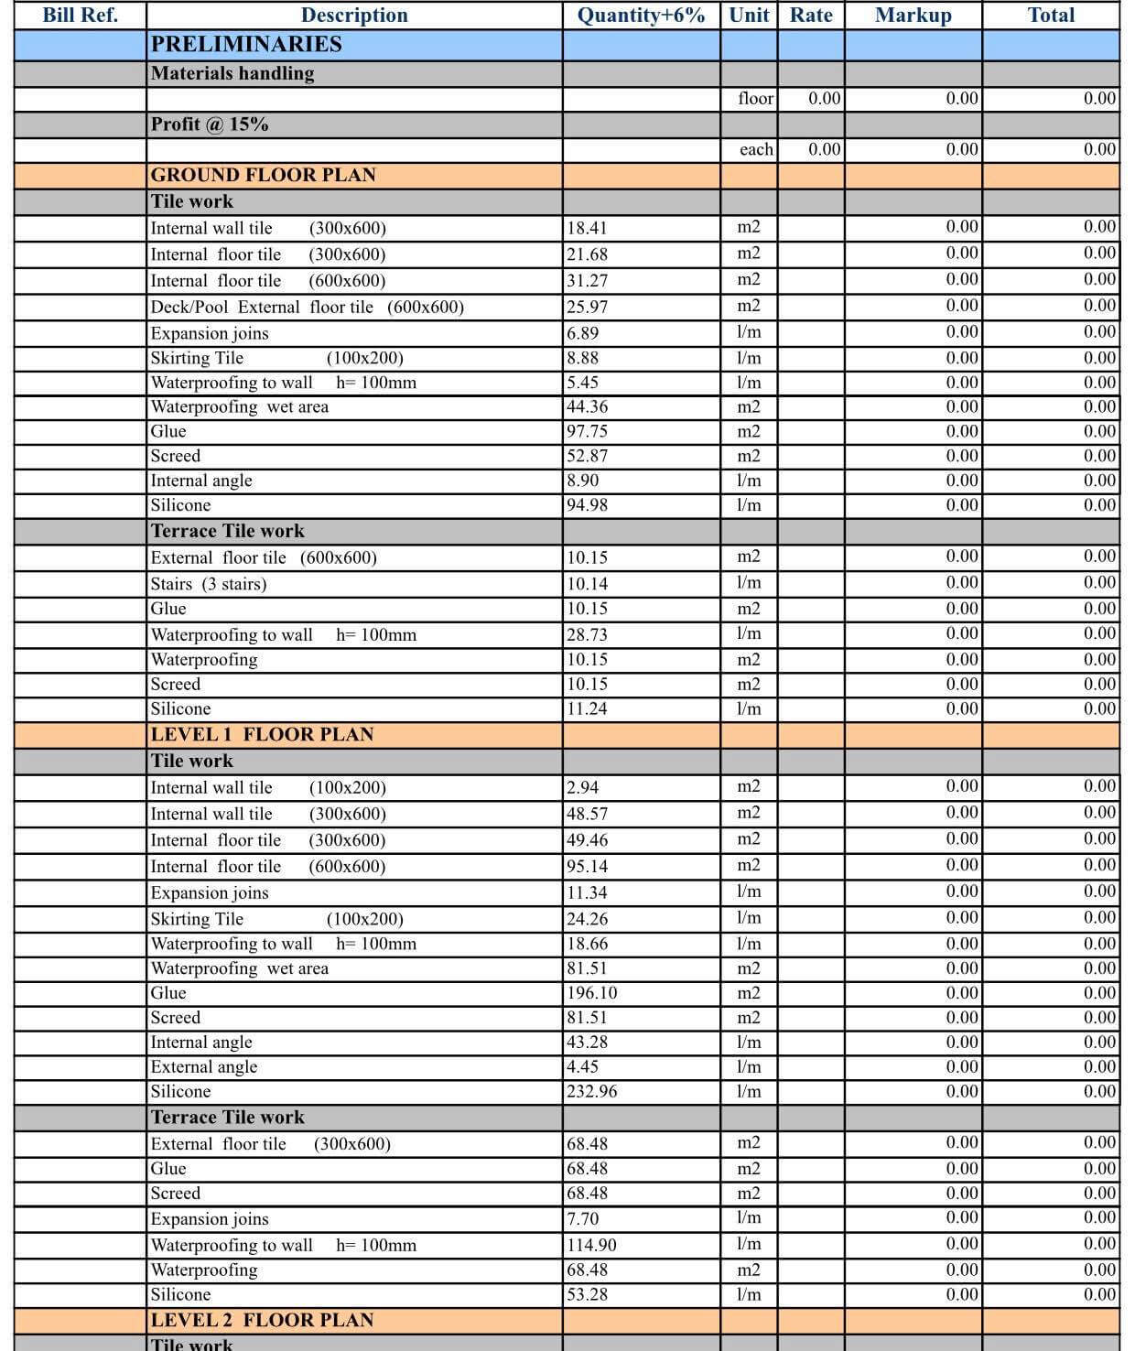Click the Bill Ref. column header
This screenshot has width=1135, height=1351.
click(81, 16)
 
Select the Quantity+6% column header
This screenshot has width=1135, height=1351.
click(641, 16)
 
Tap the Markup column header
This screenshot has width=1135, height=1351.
click(913, 16)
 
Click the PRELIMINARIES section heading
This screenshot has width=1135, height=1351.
click(246, 44)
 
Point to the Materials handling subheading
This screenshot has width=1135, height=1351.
click(232, 73)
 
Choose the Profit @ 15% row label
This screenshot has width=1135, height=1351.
click(210, 124)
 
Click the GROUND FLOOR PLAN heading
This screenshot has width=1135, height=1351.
click(263, 175)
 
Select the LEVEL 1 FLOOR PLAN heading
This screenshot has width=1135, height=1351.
click(262, 734)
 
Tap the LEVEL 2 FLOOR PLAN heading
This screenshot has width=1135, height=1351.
click(262, 1320)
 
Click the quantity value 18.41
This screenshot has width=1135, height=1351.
click(587, 228)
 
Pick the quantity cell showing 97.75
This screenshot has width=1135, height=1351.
click(587, 431)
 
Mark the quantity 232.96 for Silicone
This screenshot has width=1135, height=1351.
click(591, 1091)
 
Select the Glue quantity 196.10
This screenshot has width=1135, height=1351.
click(591, 993)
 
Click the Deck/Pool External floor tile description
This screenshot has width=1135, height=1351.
click(307, 307)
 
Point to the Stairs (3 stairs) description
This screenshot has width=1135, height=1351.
click(209, 584)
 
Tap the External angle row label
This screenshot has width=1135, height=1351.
click(204, 1066)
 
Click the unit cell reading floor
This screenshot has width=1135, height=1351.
click(755, 99)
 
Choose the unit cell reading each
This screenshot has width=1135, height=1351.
click(756, 149)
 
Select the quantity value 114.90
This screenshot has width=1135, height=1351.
click(591, 1245)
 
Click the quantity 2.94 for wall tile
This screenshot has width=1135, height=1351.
click(582, 787)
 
